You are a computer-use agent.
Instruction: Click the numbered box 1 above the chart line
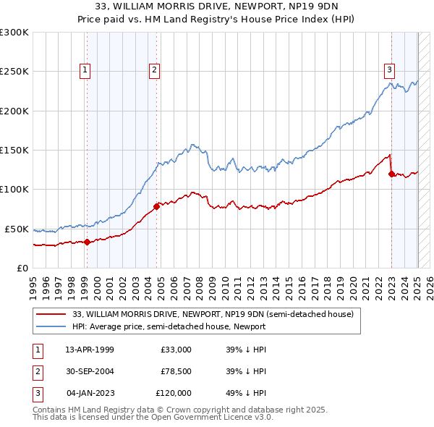click(x=85, y=70)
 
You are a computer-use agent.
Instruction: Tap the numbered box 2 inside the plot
click(x=155, y=70)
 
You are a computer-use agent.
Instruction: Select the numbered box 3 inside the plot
click(x=389, y=70)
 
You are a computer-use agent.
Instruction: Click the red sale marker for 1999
click(x=87, y=242)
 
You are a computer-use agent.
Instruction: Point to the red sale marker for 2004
click(x=156, y=206)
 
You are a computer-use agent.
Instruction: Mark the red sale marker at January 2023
click(x=391, y=174)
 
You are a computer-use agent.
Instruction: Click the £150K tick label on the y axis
click(x=14, y=150)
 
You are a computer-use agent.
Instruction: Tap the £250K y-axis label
click(x=14, y=72)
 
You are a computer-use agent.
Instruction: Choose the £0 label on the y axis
click(x=22, y=268)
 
